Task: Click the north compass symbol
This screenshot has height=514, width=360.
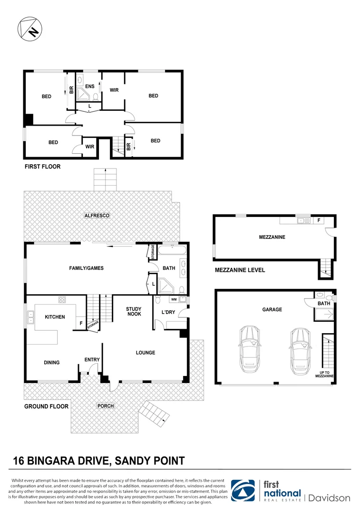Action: pos(29,28)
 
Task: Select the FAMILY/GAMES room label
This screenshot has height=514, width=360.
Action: pos(86,268)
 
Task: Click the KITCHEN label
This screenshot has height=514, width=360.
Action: pos(55,317)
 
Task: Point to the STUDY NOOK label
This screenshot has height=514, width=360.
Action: pos(134,311)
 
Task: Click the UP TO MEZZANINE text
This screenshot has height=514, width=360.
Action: pos(324,374)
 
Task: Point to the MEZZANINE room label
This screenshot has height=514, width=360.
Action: pos(272,237)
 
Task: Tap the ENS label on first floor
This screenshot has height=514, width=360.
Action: pos(89,87)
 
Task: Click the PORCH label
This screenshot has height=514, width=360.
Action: pos(105,406)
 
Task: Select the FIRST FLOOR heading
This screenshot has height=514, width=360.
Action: pos(42,167)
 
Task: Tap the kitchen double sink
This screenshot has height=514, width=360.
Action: pos(31,317)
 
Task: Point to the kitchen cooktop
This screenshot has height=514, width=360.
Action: pos(61,300)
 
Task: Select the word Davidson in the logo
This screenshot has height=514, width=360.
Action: pos(330,498)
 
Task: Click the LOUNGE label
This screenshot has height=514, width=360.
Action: pos(146,353)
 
